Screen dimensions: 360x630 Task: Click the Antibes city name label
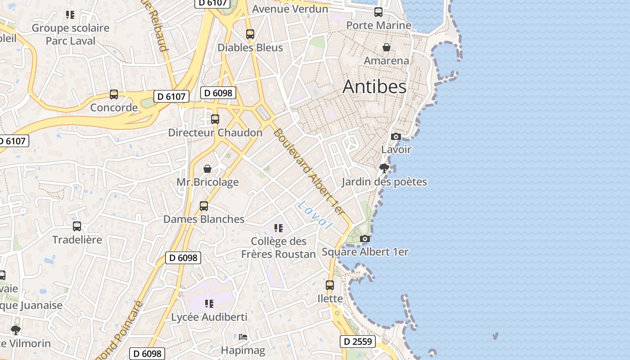374,87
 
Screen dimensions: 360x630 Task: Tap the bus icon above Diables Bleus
250,34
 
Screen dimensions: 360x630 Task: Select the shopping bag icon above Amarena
386,47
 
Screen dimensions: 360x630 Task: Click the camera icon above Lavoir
396,136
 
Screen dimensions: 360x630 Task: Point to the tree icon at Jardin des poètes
384,169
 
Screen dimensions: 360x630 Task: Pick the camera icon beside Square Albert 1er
365,239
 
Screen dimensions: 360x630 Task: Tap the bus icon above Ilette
330,285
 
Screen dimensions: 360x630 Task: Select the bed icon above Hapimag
243,337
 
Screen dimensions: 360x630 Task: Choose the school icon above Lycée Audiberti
209,304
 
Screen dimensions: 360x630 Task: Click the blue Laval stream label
315,215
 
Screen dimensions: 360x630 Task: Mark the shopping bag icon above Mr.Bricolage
207,169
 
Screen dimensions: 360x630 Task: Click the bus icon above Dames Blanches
204,206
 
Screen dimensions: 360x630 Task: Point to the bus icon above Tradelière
77,226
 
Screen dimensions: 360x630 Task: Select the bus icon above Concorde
114,94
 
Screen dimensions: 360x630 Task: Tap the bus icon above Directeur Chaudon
215,119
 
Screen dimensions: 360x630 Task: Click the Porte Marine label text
378,25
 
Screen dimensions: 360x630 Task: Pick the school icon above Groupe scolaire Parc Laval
70,15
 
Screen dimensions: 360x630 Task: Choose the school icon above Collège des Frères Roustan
279,228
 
